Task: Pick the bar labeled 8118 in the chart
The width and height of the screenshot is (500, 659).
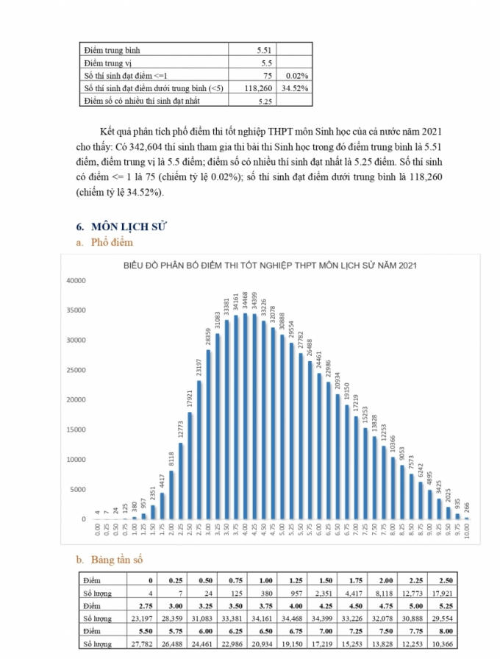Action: tap(171, 494)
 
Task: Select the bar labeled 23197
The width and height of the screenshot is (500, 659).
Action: tap(199, 449)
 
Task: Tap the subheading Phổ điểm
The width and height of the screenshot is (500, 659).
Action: tap(112, 242)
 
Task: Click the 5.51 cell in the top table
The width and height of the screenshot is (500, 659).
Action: tap(262, 50)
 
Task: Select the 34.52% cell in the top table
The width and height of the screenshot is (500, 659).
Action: tap(293, 88)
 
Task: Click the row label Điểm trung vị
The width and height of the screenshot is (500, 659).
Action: tap(110, 63)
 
